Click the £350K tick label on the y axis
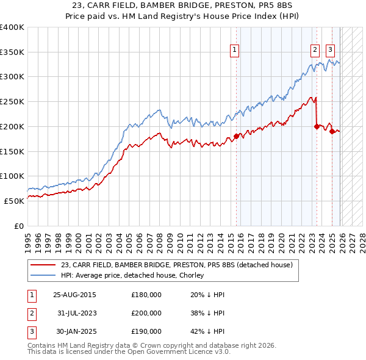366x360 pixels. pos(12,52)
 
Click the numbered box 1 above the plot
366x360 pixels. pos(235,51)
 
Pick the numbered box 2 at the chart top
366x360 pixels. pos(315,51)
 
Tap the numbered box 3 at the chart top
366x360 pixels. pos(330,51)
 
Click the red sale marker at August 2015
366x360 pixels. pos(236,136)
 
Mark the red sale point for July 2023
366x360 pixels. pos(317,126)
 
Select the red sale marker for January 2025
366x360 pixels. pos(332,131)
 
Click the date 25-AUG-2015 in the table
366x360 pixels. pos(74,295)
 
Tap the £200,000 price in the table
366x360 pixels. pos(146,313)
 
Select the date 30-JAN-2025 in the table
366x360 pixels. pos(74,331)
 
